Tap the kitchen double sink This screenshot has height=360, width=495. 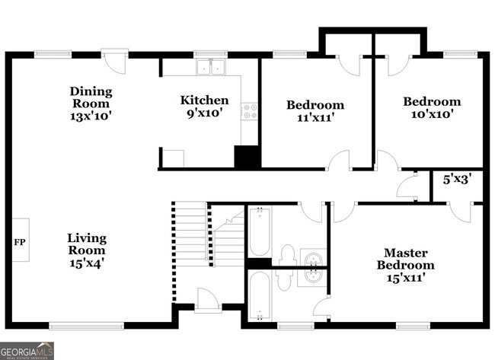pos(211,67)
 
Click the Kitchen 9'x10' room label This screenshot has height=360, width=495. pos(203,107)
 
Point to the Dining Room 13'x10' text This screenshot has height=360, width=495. pos(90,104)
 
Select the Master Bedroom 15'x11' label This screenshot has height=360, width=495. pos(405,265)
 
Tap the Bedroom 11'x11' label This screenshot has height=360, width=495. pos(315,111)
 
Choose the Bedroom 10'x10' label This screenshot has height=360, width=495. pos(431,107)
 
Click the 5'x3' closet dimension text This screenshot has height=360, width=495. pos(457,180)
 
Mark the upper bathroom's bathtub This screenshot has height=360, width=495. pos(258,231)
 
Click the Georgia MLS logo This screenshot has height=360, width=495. pos(27,351)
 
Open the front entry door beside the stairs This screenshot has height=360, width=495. pos(206,298)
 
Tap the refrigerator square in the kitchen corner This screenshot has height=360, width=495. pos(174,158)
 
